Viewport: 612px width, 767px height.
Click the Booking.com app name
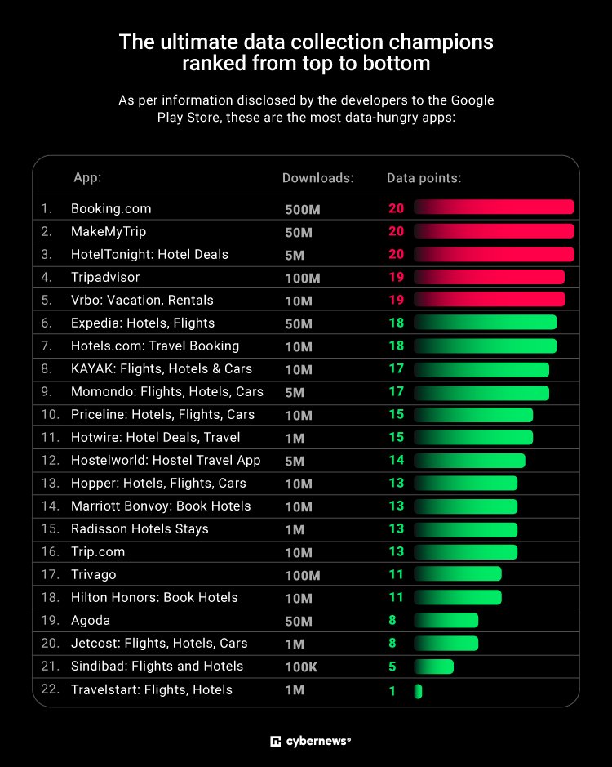tap(111, 208)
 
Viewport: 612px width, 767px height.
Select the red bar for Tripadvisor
tap(489, 277)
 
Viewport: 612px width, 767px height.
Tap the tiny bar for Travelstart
tap(418, 691)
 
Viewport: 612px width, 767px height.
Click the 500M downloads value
tap(303, 209)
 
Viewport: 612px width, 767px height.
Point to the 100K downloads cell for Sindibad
tap(301, 667)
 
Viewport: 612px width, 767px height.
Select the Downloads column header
tap(318, 178)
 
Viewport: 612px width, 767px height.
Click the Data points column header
tap(424, 178)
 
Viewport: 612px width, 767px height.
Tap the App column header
tap(87, 178)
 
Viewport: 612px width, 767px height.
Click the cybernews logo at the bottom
tap(310, 741)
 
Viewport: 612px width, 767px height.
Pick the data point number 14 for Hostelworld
tap(396, 460)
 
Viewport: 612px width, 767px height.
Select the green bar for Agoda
tap(446, 620)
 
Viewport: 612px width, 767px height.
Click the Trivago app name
tap(94, 574)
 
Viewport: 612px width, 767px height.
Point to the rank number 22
tap(50, 689)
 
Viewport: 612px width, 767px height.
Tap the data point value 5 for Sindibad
tap(392, 667)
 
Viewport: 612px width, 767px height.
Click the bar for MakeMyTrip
tap(494, 231)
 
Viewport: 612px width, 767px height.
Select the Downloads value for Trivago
tap(303, 575)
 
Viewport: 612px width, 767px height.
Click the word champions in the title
tap(430, 42)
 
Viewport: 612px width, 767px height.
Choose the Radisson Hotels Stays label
tap(140, 528)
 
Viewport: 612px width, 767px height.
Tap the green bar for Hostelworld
tap(469, 460)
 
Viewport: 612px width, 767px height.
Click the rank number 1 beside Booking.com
tap(46, 208)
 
